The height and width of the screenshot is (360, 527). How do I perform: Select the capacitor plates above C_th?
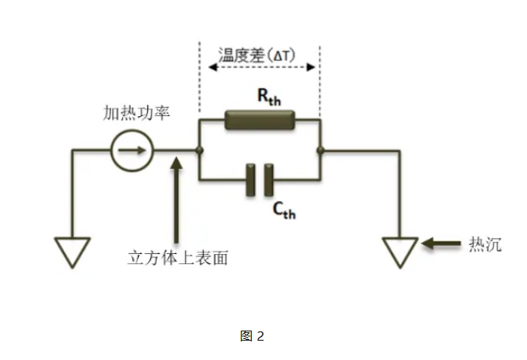(x=260, y=180)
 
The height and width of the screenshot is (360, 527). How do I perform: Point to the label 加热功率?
(x=136, y=113)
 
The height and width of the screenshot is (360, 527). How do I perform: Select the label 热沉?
(x=486, y=245)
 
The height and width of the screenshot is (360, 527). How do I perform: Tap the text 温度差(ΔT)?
(x=259, y=56)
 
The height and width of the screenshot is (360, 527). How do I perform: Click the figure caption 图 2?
(x=253, y=336)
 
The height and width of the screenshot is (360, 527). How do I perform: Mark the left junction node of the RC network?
(x=198, y=151)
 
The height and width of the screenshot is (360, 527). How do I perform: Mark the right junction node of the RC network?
(x=321, y=151)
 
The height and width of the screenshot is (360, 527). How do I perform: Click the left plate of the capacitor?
(x=252, y=180)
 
